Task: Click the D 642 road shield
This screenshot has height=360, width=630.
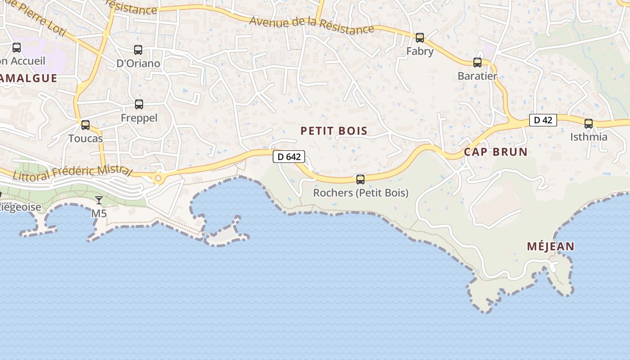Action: pos(289,157)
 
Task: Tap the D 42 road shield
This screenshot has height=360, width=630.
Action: pos(543,120)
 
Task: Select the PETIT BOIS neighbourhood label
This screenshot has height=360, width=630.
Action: pos(334,131)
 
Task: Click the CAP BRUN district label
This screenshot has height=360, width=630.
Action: pos(495,152)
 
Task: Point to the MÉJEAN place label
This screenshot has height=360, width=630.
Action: pos(550,246)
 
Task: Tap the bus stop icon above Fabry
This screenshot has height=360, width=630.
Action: pos(420,38)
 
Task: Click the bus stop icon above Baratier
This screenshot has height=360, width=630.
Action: pos(477,63)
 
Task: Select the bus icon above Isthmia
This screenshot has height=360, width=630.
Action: pos(589,124)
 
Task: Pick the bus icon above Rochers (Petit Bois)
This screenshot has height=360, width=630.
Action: pos(360,180)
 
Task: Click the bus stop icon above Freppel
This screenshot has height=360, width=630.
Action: pos(139,104)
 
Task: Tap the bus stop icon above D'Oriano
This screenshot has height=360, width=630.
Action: pos(138,50)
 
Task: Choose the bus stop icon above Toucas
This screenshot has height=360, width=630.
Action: pos(85,125)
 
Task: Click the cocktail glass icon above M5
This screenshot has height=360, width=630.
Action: pos(99,200)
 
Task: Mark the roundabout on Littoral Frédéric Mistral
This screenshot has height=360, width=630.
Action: pos(158,179)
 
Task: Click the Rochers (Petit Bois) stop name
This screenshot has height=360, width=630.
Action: pos(361,193)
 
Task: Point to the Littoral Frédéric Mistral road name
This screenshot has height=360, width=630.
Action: pos(72,172)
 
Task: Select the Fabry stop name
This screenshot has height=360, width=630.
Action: pos(420,51)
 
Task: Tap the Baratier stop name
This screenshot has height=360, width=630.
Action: pos(477,76)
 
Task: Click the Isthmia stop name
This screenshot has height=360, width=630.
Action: pos(589,137)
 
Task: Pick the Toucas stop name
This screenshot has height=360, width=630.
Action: pos(85,138)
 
